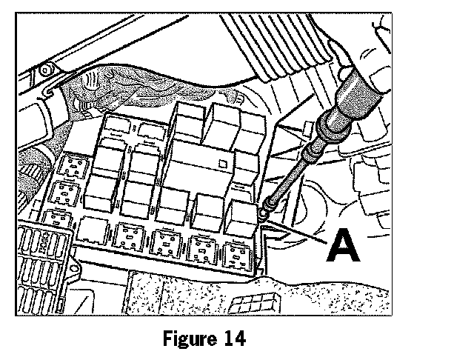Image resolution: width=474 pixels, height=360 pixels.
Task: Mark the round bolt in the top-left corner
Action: pos(46,72)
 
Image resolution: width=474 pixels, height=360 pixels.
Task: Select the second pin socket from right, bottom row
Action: pos(201,247)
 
